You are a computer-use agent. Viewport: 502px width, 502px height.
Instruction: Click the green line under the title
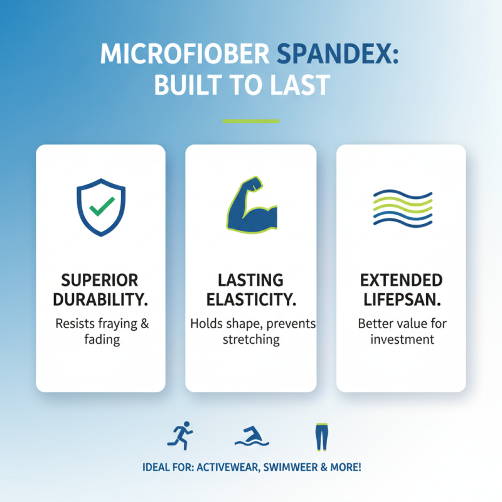pos(251,120)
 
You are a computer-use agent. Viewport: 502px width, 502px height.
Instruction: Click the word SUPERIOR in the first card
pos(100,280)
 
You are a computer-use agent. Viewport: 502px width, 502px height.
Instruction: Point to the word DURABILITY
pos(100,300)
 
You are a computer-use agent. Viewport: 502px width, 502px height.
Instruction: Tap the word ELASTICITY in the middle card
pos(250,300)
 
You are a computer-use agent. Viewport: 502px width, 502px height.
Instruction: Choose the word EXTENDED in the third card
pos(402,280)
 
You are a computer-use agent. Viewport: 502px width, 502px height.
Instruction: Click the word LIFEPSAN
pos(402,300)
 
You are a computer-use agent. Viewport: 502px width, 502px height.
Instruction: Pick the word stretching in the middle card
pos(250,340)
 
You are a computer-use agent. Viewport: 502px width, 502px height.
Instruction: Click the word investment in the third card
pos(402,340)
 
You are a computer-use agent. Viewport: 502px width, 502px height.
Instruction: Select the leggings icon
pos(321,437)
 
